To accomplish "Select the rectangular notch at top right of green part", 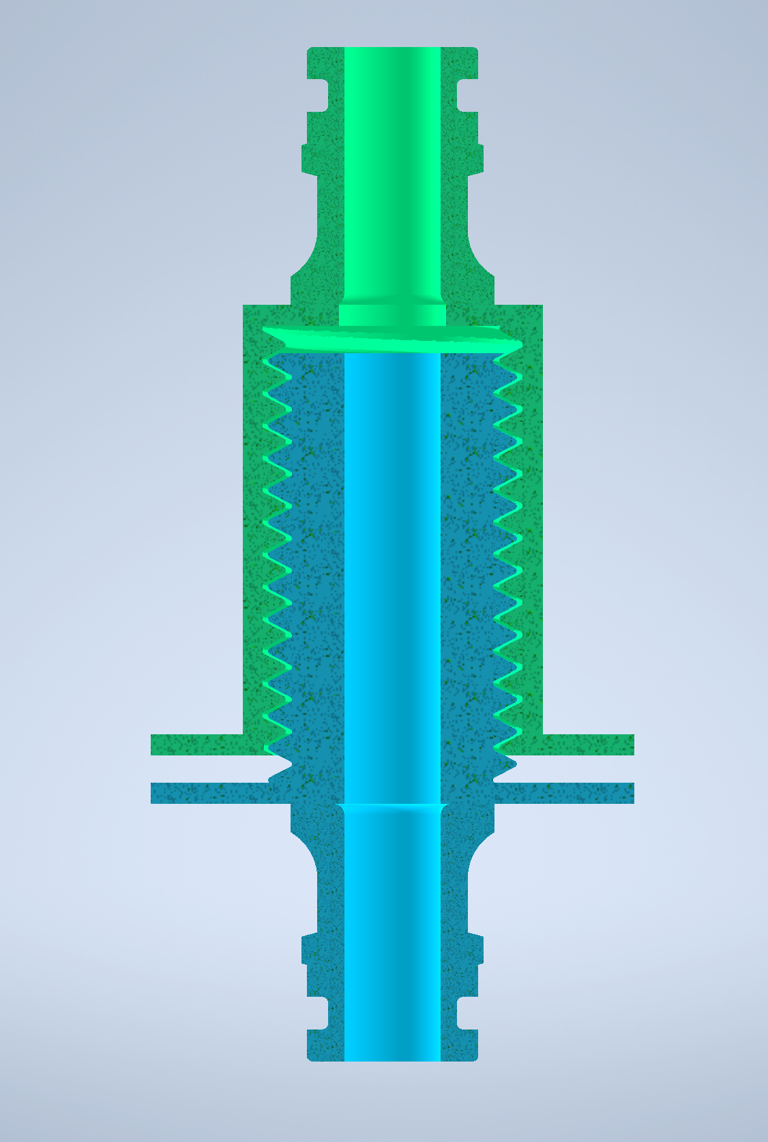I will [467, 95].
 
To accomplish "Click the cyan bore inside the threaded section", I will [392, 545].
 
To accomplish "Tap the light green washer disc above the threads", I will [392, 338].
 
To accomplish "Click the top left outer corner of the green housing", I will [245, 307].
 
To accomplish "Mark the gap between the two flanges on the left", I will [205, 769].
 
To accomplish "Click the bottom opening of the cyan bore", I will [392, 1057].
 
